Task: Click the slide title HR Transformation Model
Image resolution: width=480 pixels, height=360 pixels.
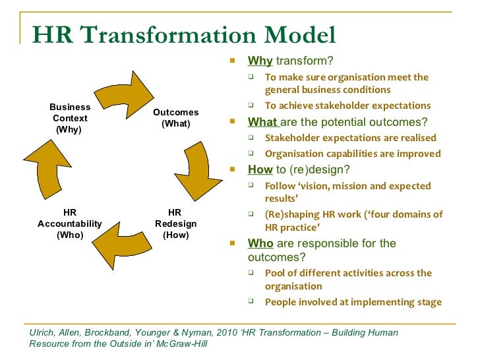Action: point(184,34)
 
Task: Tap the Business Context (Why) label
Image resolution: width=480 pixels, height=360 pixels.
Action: point(70,118)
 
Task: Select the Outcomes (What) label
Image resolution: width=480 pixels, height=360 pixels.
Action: point(175,118)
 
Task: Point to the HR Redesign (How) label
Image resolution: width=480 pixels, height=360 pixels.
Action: point(175,224)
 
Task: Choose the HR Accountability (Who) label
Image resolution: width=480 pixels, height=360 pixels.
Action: point(70,224)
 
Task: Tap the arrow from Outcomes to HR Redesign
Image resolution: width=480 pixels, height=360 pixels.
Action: point(195,171)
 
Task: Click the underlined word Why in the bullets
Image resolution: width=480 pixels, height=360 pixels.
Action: point(260,61)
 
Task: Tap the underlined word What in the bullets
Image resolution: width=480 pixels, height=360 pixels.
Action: point(262,122)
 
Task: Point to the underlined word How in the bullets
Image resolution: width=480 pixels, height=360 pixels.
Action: point(260,169)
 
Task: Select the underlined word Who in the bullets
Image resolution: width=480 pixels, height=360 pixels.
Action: point(260,243)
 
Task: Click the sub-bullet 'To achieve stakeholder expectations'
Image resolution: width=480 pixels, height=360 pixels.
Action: point(347,105)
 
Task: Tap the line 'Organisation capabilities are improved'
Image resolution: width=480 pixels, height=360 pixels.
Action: point(352,154)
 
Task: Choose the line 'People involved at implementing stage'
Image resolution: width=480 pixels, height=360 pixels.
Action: point(353,302)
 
